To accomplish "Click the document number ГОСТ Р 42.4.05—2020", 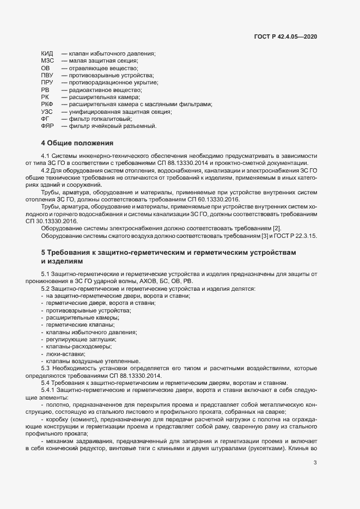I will coord(285,36).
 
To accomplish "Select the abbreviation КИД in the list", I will coord(47,54).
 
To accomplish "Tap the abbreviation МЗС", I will coord(47,61).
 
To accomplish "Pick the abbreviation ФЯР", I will coord(47,126).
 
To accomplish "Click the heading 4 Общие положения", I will coord(77,144).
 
